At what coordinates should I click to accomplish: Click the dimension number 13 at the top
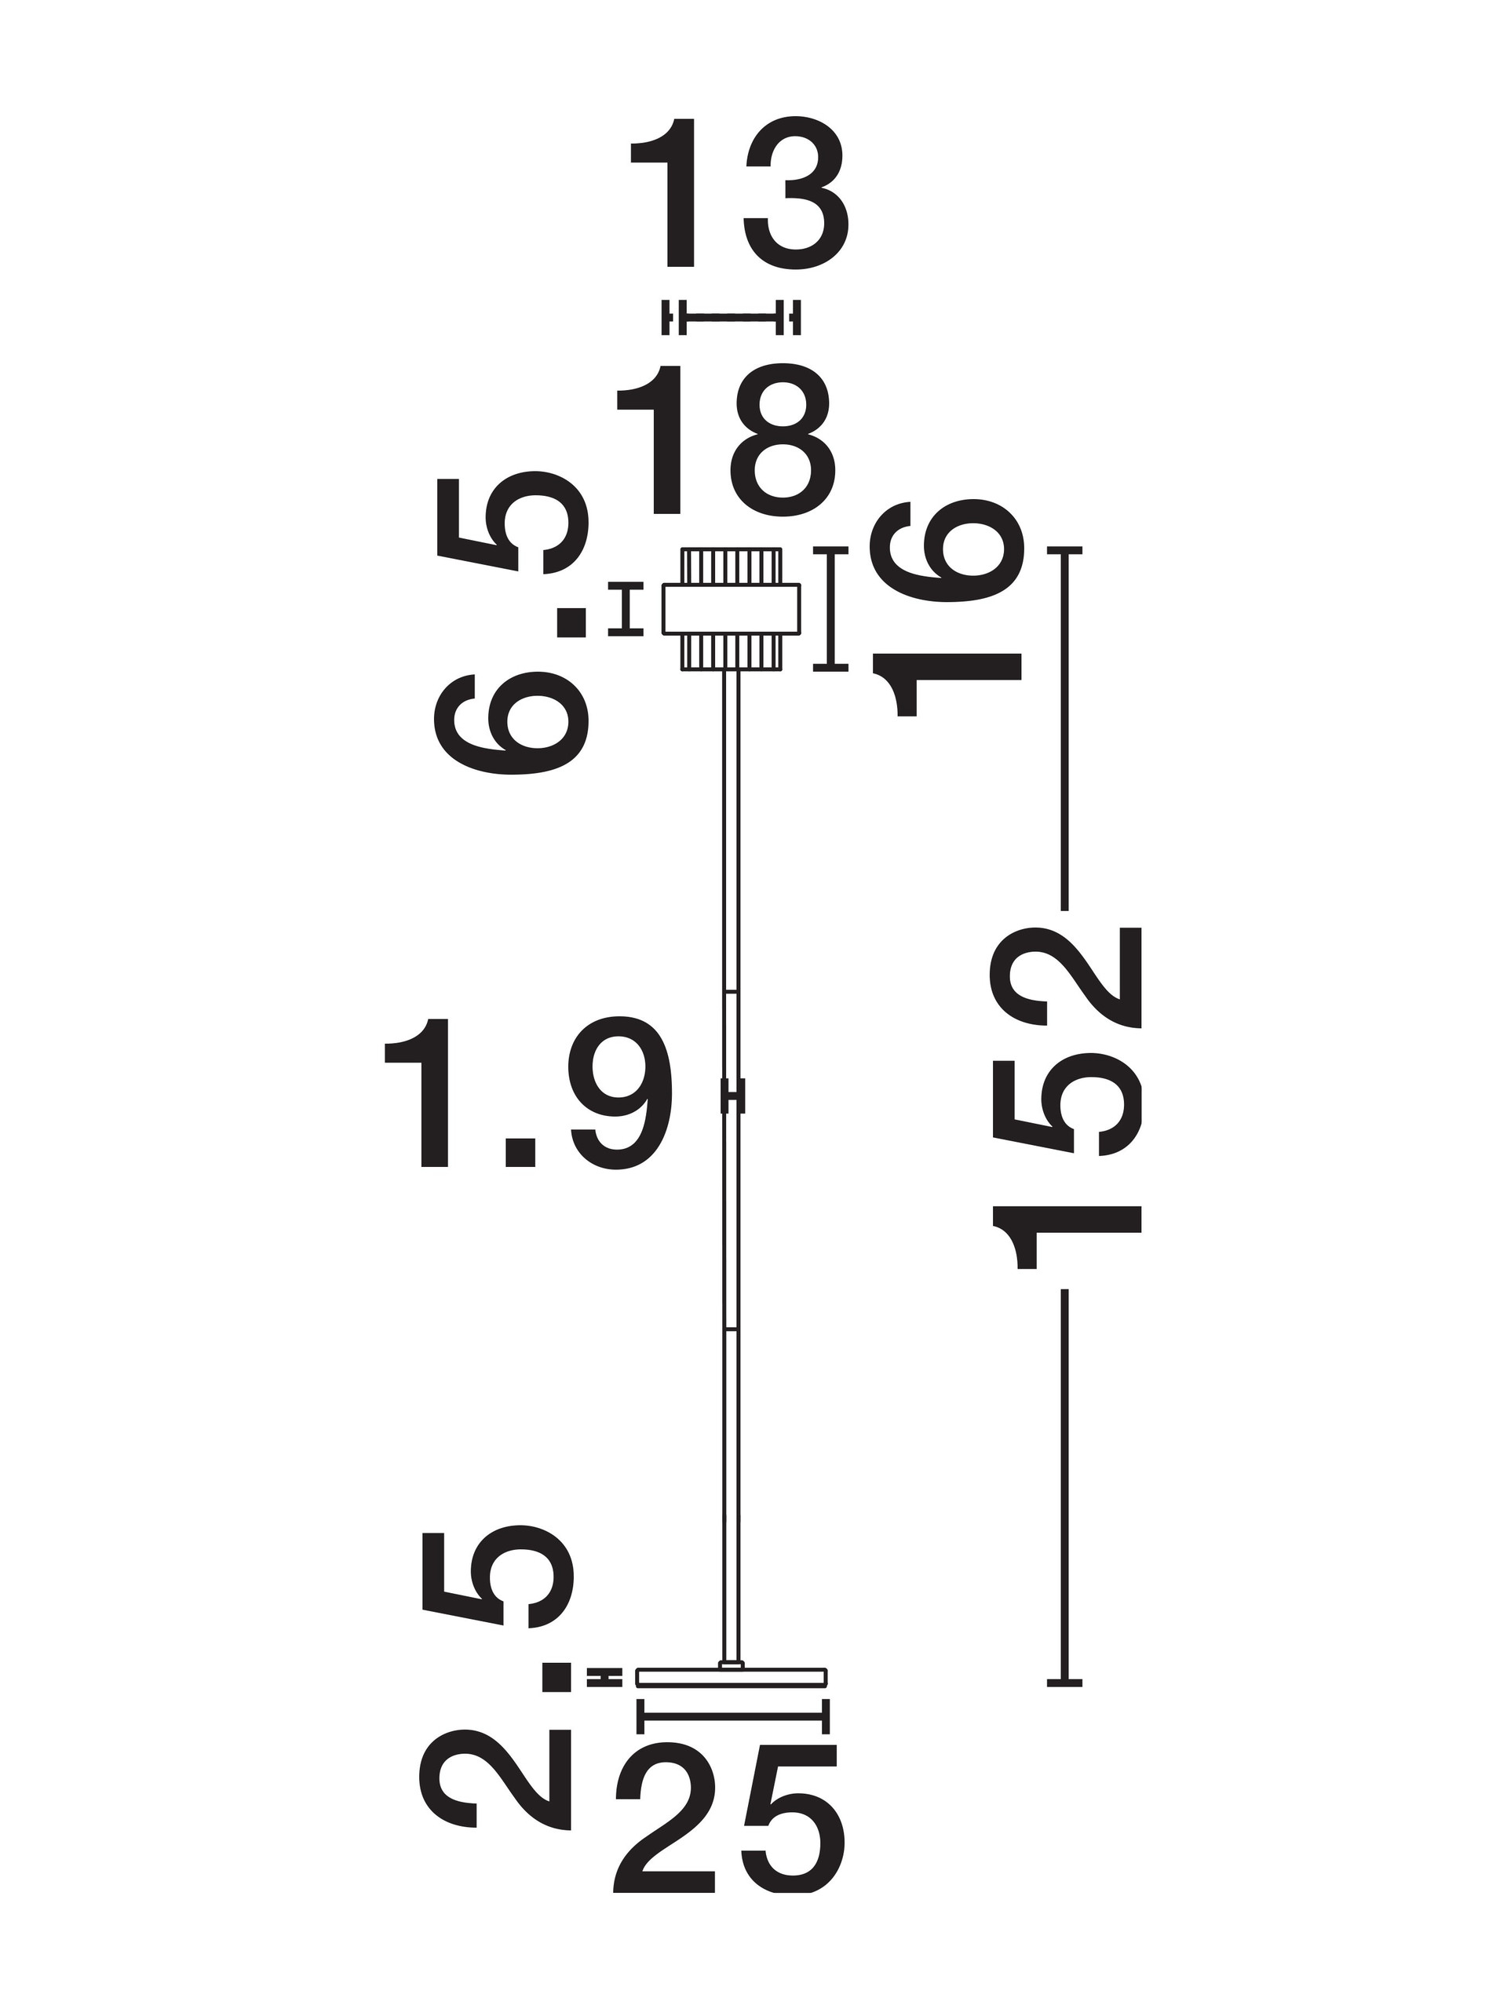tap(739, 192)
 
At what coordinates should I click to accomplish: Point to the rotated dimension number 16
tap(946, 607)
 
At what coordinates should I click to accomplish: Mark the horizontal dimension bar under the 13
tap(732, 317)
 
